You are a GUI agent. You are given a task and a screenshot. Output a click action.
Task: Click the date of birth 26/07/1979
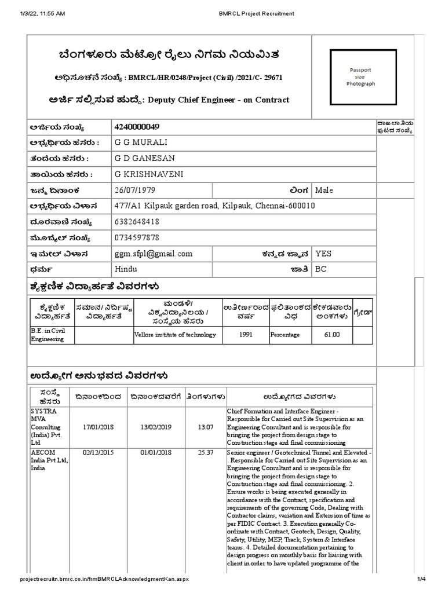click(137, 190)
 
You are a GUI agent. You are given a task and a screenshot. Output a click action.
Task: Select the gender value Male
click(324, 190)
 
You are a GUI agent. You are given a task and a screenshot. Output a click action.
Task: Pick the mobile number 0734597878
click(137, 237)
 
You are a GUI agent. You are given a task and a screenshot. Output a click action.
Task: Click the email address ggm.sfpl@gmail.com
click(154, 254)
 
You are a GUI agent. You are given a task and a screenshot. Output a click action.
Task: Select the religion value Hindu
click(127, 269)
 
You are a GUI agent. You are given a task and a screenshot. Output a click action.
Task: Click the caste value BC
click(320, 269)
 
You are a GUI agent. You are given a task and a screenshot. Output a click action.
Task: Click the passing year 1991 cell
click(246, 334)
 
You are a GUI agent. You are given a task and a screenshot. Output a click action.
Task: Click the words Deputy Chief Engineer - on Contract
click(219, 100)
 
